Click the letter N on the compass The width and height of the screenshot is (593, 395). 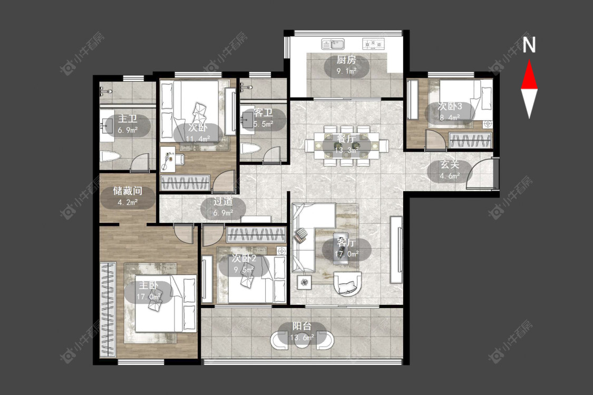529,44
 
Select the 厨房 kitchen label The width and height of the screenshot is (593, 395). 346,60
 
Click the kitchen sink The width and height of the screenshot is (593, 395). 333,45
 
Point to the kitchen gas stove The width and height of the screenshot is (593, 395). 373,44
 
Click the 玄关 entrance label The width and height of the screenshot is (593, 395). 450,165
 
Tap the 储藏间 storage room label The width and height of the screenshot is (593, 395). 128,191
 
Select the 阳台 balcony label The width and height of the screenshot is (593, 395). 302,326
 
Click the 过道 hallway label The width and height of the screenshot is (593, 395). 223,202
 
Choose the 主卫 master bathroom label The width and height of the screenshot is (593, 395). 128,118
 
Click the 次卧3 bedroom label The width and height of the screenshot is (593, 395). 450,106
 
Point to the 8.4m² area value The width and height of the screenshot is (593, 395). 450,117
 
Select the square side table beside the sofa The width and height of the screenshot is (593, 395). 304,282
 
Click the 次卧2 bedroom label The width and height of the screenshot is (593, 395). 244,258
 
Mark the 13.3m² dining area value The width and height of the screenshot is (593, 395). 346,151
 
